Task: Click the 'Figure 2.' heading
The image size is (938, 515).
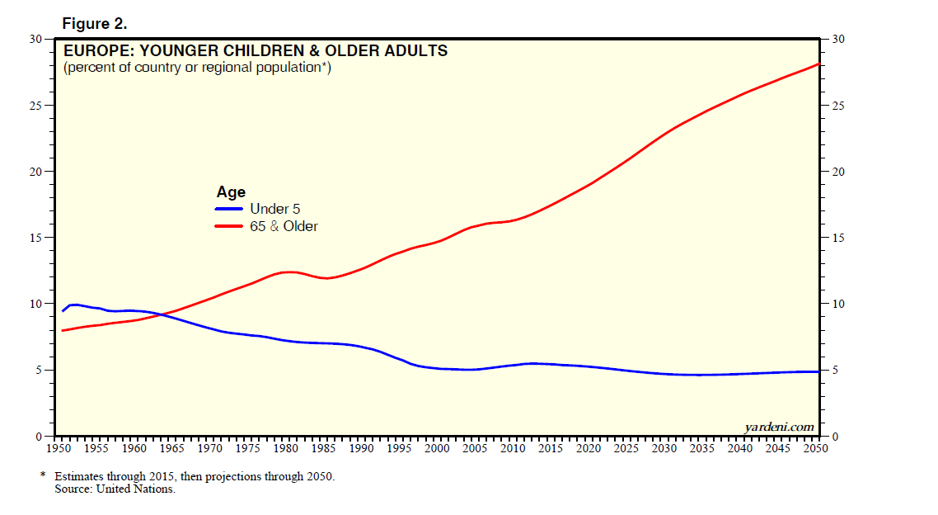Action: point(94,24)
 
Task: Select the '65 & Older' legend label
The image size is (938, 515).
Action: point(284,226)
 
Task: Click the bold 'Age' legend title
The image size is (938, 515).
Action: point(231,192)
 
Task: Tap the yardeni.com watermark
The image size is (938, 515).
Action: point(779,427)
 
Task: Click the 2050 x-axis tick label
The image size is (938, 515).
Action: point(814,448)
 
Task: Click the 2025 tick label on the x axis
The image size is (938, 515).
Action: point(626,448)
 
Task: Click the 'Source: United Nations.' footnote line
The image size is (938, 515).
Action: point(115,489)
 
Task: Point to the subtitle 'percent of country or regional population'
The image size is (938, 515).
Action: point(197,68)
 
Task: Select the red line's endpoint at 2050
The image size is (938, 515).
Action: point(818,64)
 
